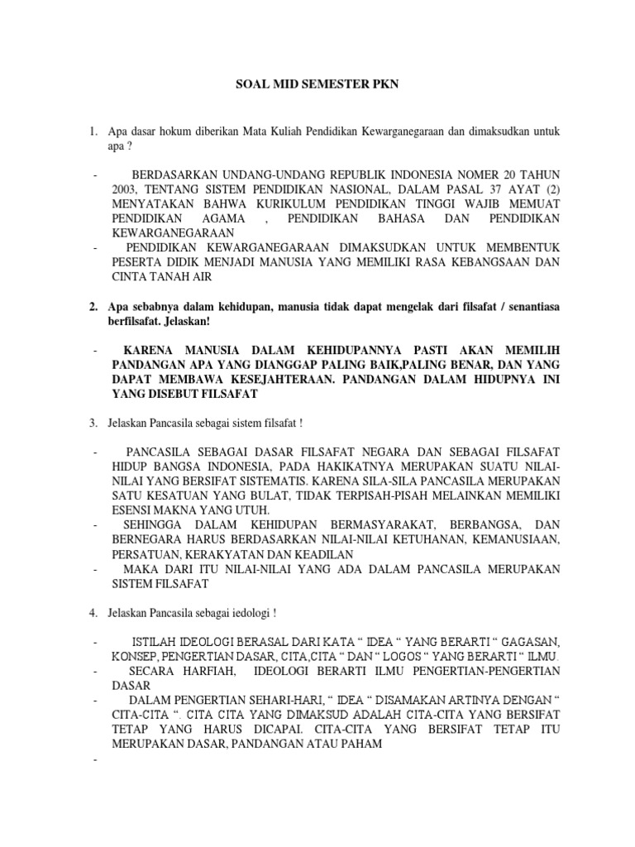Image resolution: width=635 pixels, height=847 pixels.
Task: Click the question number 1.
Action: point(93,131)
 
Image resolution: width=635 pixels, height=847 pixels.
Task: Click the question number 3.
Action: point(93,423)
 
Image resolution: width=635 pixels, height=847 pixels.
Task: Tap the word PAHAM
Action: point(362,744)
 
